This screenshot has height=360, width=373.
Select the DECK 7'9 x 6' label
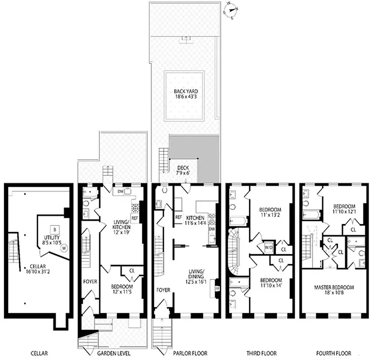[x=184, y=170]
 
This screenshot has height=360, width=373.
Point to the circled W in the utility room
[x=64, y=247]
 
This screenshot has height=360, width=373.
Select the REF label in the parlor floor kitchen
[x=179, y=218]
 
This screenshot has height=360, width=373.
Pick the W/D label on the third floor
[x=270, y=247]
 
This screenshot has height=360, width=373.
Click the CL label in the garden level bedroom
[x=132, y=271]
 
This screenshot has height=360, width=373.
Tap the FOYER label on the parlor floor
[x=163, y=290]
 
